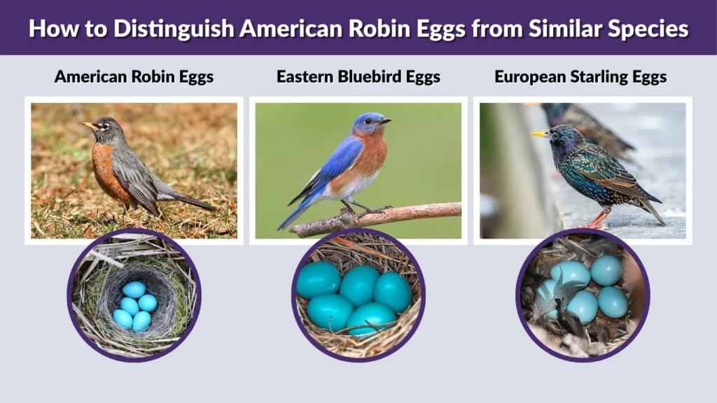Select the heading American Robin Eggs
pos(134,76)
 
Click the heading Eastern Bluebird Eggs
pos(358,76)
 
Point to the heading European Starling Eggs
pos(580,76)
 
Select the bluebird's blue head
pos(368,122)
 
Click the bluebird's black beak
pos(384,121)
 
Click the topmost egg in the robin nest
pos(134,290)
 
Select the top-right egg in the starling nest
pos(606,270)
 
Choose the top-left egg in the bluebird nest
pos(318,280)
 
